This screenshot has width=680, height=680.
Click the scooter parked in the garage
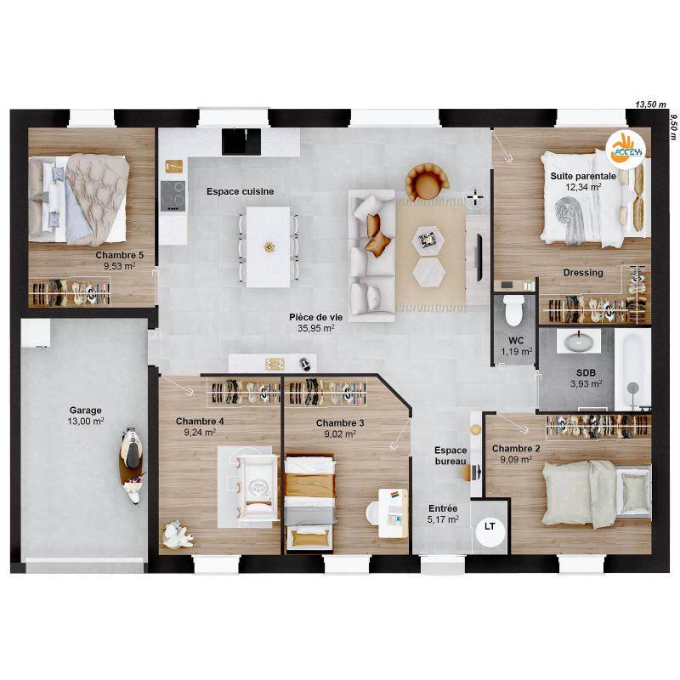point(132,465)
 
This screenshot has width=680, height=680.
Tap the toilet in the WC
point(513,309)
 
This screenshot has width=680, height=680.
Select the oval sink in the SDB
point(578,343)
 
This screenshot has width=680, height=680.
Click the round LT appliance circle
point(490,530)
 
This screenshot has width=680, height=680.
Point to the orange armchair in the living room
point(427,182)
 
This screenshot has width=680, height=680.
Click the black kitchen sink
point(241,141)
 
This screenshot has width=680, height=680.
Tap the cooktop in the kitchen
point(173,195)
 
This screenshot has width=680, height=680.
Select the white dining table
point(268,246)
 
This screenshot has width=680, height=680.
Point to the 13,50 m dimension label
point(650,104)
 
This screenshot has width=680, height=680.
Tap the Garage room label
point(86,410)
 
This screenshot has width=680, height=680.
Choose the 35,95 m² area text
point(315,328)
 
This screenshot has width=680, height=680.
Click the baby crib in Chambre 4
point(259,487)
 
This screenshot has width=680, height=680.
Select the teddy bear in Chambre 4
point(178,535)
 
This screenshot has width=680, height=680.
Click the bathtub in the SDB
point(632,370)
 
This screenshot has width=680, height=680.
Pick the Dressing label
point(583,272)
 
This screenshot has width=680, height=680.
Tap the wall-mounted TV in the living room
point(479,258)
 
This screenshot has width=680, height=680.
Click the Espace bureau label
point(450,456)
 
